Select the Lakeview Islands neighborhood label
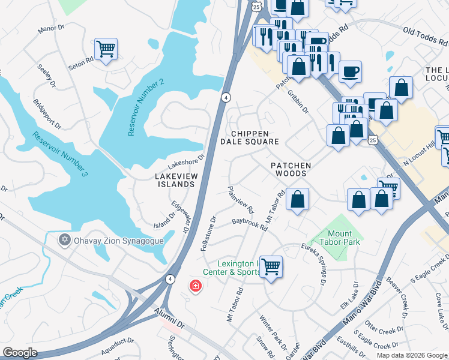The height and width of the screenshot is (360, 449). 175,180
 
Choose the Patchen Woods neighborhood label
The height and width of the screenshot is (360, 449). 291,169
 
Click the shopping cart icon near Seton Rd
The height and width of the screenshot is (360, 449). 106,49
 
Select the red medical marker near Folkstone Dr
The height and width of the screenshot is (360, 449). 195,286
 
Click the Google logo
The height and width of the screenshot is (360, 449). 20,352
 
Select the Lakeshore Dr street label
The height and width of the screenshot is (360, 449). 186,161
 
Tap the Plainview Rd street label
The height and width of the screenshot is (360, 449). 241,200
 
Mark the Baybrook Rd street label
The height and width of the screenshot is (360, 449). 249,223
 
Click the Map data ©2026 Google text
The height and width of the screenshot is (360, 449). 411,355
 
